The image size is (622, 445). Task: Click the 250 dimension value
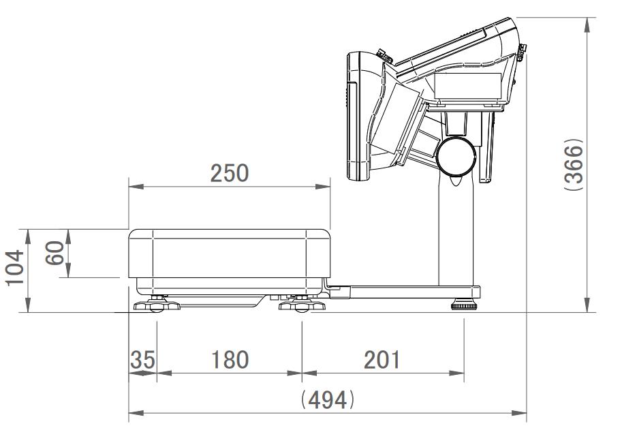(230, 173)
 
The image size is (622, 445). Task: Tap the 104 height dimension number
(15, 267)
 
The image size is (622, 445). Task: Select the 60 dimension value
(55, 253)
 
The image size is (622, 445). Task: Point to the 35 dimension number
(143, 360)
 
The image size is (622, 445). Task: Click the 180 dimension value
(230, 360)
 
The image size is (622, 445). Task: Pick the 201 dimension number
(382, 360)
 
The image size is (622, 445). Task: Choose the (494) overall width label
(327, 399)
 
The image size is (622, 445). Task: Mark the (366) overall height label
(574, 164)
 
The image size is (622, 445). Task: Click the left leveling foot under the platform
(157, 305)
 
